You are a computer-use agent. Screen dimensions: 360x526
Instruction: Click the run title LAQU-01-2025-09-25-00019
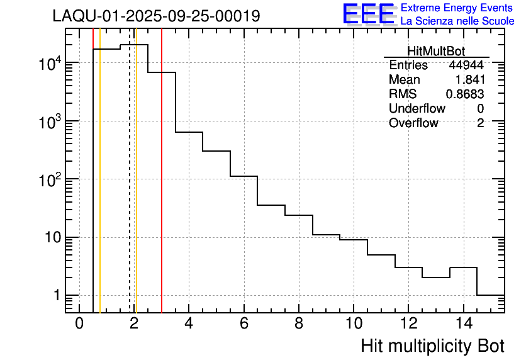156,16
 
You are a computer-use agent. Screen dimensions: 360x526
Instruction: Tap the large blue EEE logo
369,14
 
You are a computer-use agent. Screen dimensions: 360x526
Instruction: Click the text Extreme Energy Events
457,8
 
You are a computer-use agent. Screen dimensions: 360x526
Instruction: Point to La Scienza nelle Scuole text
457,21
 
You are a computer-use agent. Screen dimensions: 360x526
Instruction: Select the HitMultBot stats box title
436,52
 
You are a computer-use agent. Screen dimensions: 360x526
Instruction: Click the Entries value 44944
466,65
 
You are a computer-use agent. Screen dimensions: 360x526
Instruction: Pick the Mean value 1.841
469,80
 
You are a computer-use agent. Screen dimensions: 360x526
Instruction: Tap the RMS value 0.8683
465,94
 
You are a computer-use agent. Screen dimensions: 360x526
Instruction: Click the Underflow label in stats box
417,109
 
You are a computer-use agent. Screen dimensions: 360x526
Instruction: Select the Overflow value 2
480,123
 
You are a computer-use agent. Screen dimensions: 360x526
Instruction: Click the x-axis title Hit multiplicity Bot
432,346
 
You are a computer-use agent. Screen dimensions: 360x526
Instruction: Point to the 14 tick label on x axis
463,323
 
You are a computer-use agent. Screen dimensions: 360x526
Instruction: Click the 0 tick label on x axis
79,323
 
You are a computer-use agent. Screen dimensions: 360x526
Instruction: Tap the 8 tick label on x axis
299,323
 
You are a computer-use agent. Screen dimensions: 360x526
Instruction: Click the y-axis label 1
56,296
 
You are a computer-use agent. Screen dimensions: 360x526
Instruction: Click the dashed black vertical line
130,189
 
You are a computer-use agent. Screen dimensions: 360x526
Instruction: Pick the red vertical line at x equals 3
162,189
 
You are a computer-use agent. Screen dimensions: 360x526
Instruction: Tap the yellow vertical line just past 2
136,189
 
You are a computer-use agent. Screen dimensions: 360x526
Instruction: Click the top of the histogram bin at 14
464,267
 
